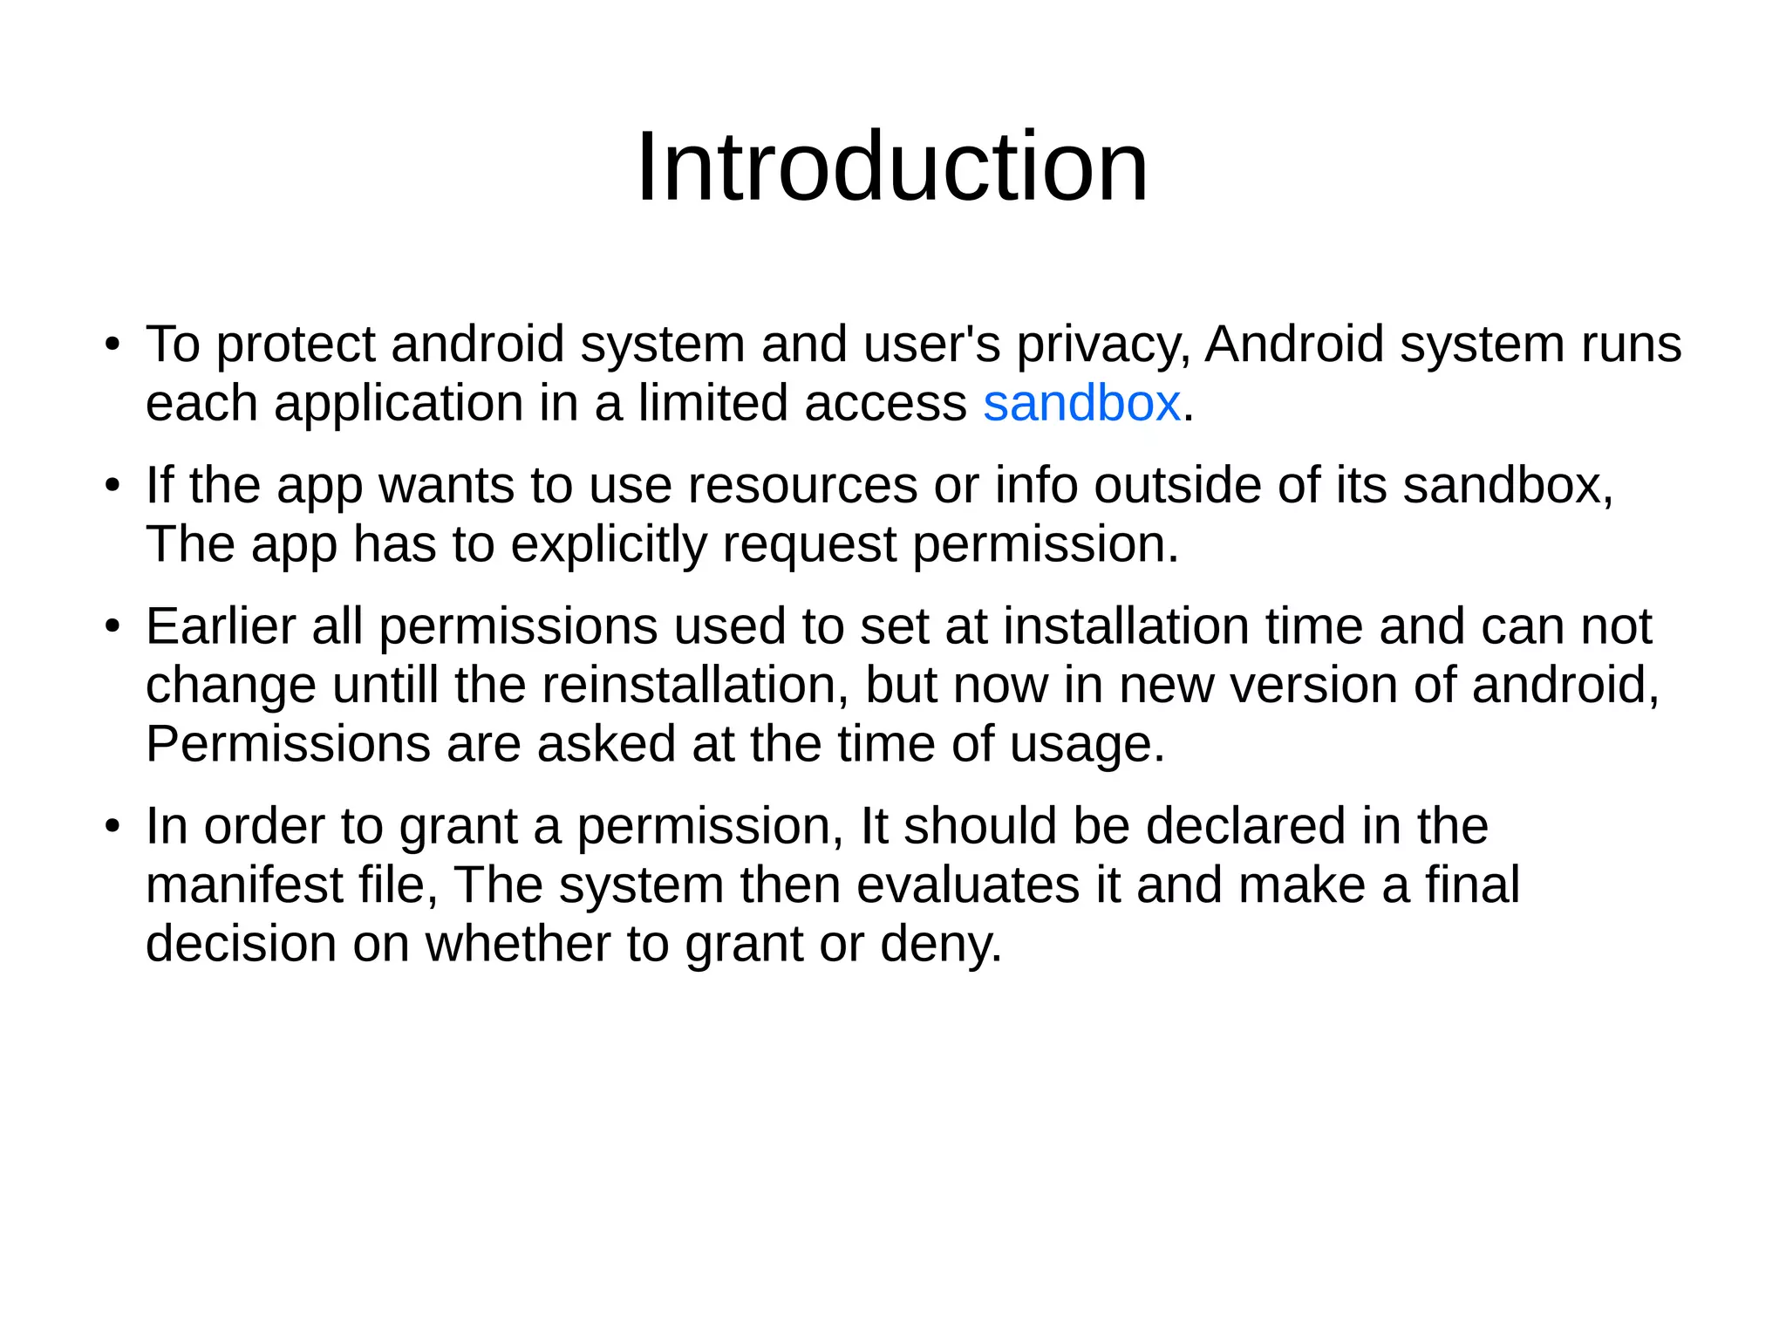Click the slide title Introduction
coord(892,167)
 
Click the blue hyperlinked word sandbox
coord(1081,403)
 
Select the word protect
coord(296,345)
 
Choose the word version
coord(1313,685)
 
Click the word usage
coord(1087,745)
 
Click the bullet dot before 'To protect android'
coord(111,345)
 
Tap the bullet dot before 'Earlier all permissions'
coord(111,626)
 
